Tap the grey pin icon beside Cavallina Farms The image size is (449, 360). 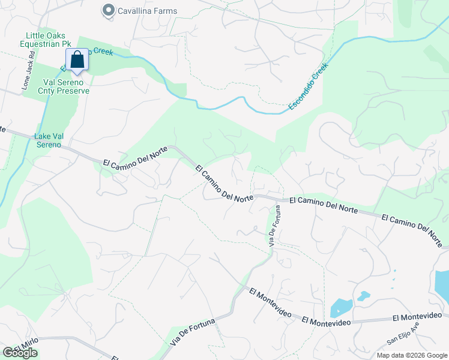coord(108,10)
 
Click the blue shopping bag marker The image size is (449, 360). coord(77,60)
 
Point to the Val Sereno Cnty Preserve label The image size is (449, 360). coord(65,86)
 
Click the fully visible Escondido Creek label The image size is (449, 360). coord(309,86)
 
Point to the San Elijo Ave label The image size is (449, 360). coord(403,334)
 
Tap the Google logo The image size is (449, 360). coord(20,353)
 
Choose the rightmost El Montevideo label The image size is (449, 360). coord(417,315)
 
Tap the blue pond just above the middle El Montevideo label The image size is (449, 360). coord(340,307)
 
